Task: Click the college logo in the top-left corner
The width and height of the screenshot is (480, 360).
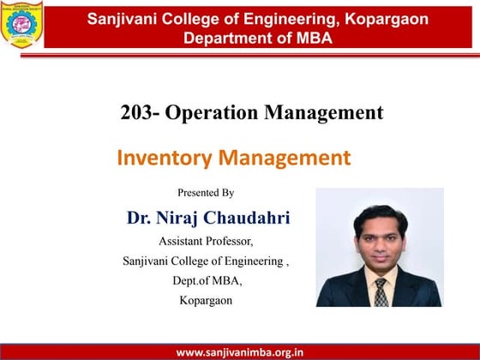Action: [22, 24]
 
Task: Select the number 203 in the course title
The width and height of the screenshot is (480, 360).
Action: [140, 112]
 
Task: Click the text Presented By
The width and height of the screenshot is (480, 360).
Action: [206, 193]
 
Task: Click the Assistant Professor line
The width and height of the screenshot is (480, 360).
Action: [206, 241]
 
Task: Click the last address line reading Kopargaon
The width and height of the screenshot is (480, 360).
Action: [206, 300]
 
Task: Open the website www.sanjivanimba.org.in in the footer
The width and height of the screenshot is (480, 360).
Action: [239, 351]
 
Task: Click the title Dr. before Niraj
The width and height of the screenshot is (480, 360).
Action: [140, 218]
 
